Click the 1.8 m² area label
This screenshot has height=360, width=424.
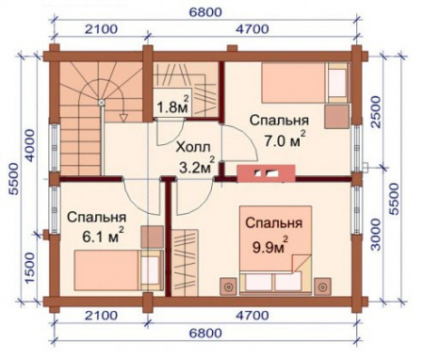tap(171, 106)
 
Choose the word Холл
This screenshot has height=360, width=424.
tap(194, 149)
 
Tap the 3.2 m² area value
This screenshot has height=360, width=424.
tap(197, 169)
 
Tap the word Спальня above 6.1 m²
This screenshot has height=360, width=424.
tap(96, 217)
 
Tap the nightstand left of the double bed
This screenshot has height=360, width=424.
tap(227, 284)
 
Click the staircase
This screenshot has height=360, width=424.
tap(85, 118)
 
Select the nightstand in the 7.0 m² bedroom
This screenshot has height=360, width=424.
tap(336, 115)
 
